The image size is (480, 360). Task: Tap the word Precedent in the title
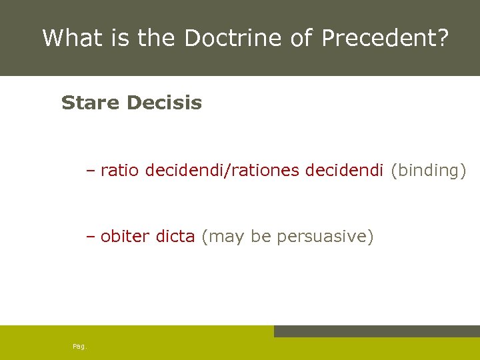pyautogui.click(x=380, y=38)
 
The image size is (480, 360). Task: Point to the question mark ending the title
pyautogui.click(x=443, y=38)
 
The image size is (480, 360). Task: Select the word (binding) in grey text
pyautogui.click(x=428, y=170)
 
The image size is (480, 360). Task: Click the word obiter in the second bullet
pyautogui.click(x=125, y=236)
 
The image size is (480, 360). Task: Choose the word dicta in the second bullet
pyautogui.click(x=175, y=236)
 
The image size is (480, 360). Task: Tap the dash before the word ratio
pyautogui.click(x=91, y=171)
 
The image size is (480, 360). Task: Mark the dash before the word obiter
pyautogui.click(x=91, y=237)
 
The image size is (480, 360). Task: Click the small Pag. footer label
pyautogui.click(x=79, y=346)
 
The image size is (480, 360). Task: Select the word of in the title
pyautogui.click(x=301, y=38)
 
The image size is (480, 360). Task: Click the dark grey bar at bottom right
pyautogui.click(x=377, y=331)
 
